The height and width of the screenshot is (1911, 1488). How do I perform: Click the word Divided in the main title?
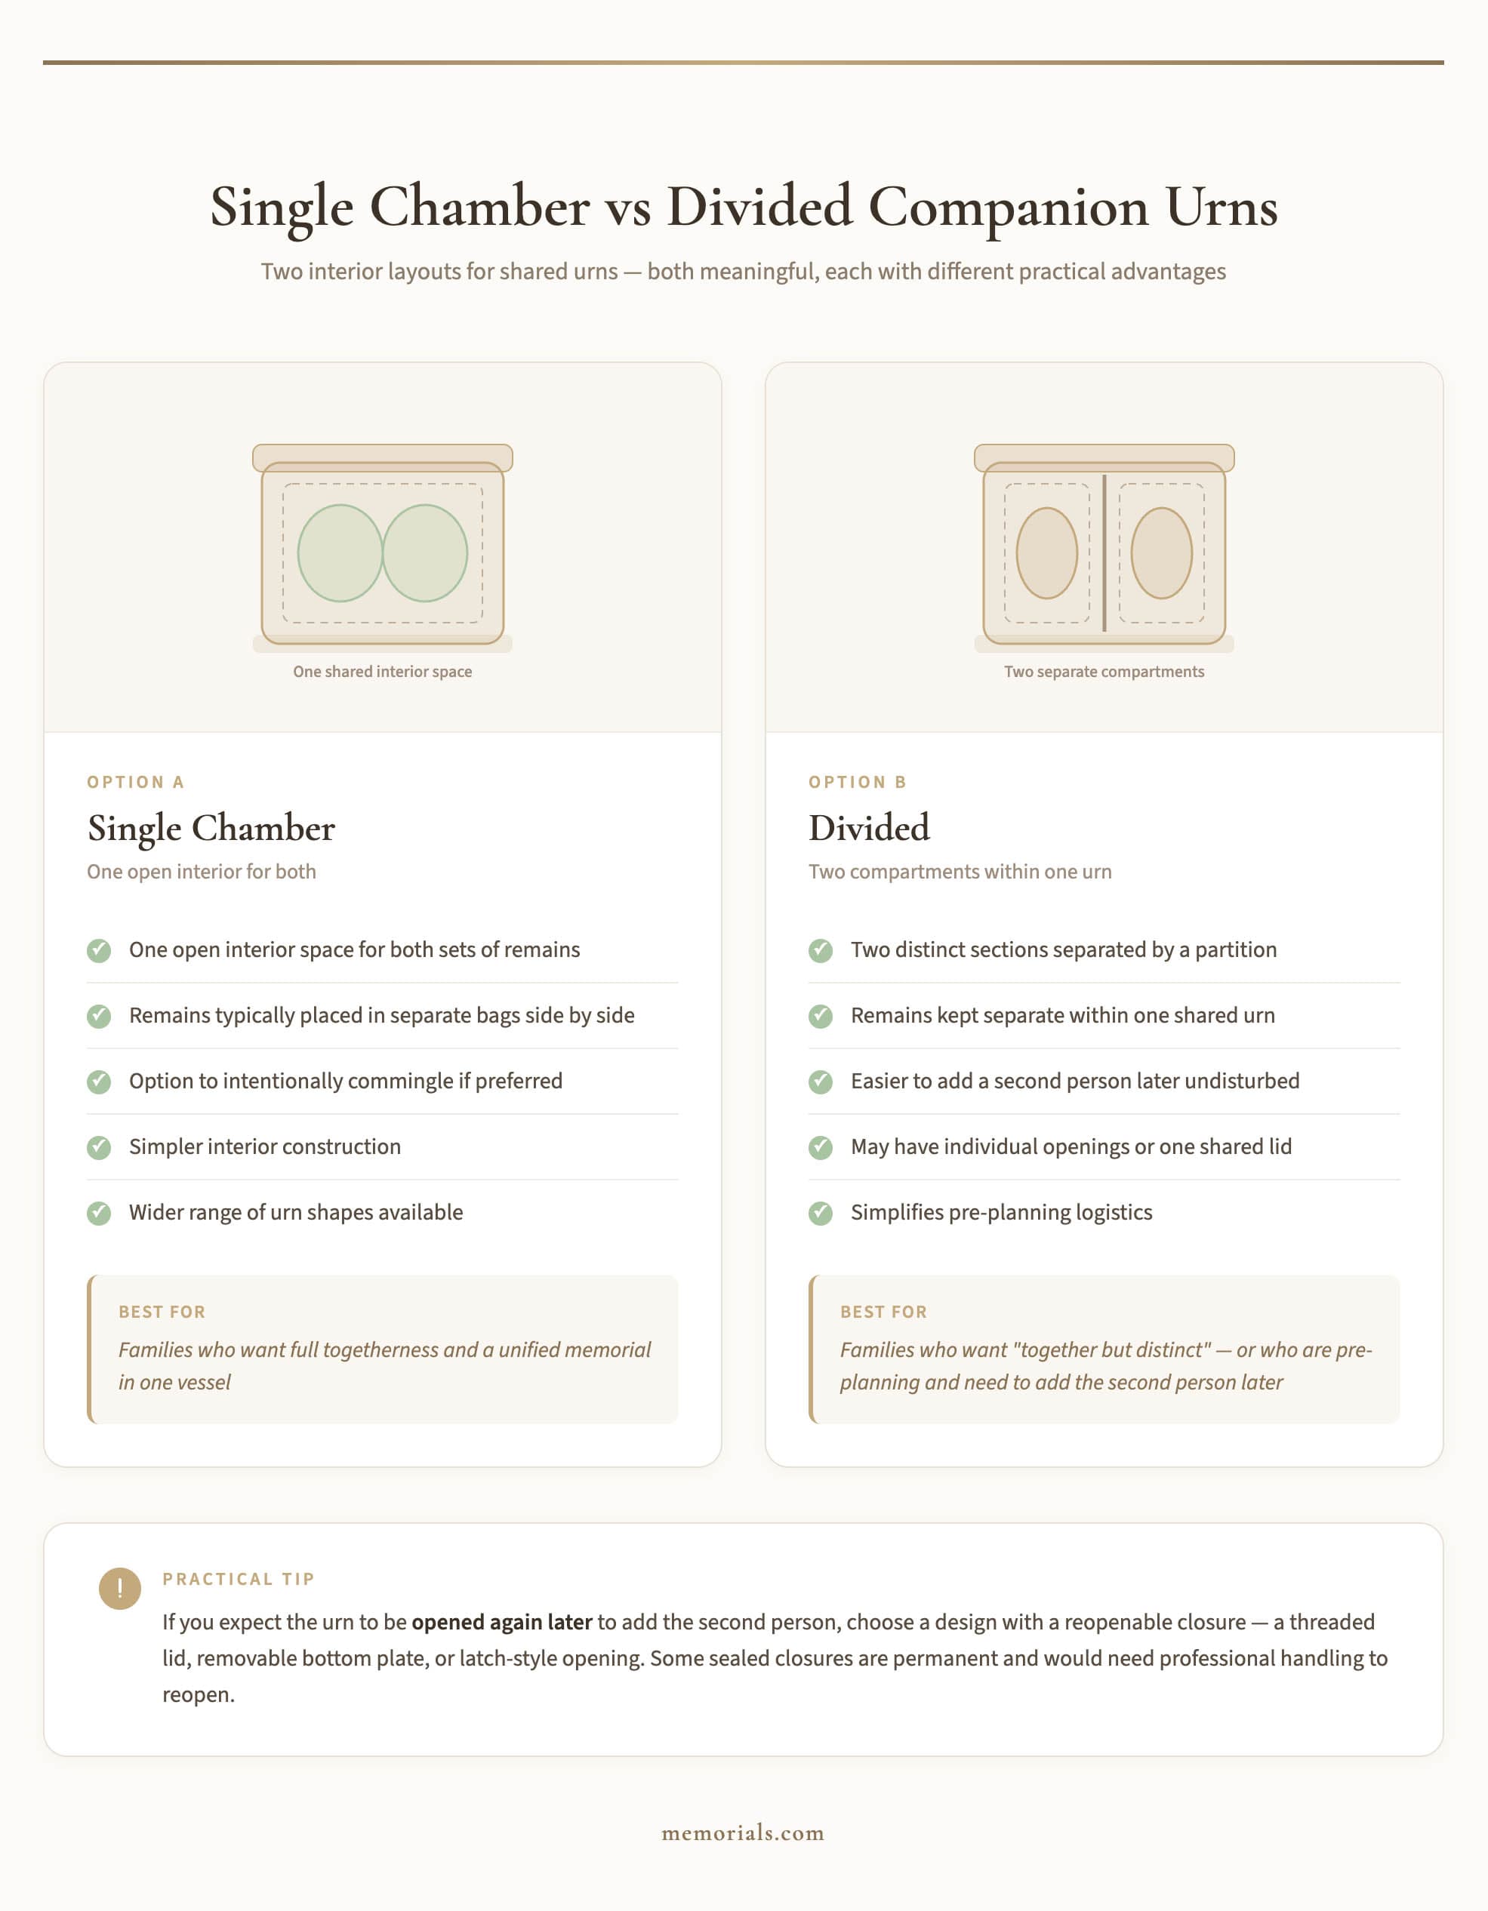pyautogui.click(x=759, y=208)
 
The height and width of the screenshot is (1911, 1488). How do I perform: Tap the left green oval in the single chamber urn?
pyautogui.click(x=340, y=553)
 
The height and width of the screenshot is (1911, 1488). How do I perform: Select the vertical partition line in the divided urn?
pyautogui.click(x=1104, y=553)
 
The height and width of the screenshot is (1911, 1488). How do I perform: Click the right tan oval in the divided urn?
pyautogui.click(x=1162, y=553)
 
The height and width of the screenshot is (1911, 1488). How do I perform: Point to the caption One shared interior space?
pyautogui.click(x=383, y=671)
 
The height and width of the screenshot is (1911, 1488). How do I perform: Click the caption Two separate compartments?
pyautogui.click(x=1104, y=671)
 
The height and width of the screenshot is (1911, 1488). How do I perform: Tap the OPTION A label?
pyautogui.click(x=136, y=782)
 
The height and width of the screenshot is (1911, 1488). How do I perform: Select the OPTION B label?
pyautogui.click(x=857, y=782)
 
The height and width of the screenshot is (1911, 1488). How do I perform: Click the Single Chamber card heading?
pyautogui.click(x=211, y=828)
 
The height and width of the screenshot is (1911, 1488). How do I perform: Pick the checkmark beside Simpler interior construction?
pyautogui.click(x=99, y=1147)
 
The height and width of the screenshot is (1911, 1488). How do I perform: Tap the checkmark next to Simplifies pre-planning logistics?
pyautogui.click(x=820, y=1213)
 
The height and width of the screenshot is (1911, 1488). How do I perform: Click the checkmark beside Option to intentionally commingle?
pyautogui.click(x=99, y=1082)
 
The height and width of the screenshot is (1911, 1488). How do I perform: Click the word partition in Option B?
pyautogui.click(x=1235, y=950)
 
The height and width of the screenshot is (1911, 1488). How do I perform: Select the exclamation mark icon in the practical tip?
pyautogui.click(x=120, y=1588)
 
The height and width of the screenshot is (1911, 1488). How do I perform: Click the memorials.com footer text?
pyautogui.click(x=743, y=1833)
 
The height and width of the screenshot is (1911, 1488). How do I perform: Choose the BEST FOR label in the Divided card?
pyautogui.click(x=883, y=1312)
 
